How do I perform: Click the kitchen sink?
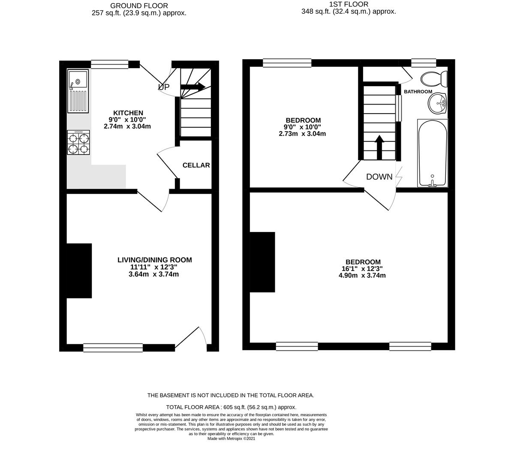tap(78, 91)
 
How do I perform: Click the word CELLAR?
tap(196, 165)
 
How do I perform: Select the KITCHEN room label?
tap(128, 113)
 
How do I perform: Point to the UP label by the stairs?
tap(164, 87)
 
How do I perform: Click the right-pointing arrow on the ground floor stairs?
tap(193, 87)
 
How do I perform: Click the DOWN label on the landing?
tap(379, 177)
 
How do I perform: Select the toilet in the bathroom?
tap(434, 79)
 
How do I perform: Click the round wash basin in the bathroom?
tap(437, 103)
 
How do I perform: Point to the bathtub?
tap(432, 153)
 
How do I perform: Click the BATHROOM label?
tap(418, 91)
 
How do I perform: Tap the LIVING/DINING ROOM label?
tap(155, 260)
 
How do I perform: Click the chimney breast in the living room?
tap(79, 271)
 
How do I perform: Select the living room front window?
tap(113, 348)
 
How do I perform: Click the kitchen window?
tap(110, 64)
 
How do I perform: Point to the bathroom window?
tap(424, 63)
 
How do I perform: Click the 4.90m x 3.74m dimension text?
tap(362, 276)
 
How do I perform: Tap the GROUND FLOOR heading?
tap(139, 6)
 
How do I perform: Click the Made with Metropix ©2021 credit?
tap(231, 439)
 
